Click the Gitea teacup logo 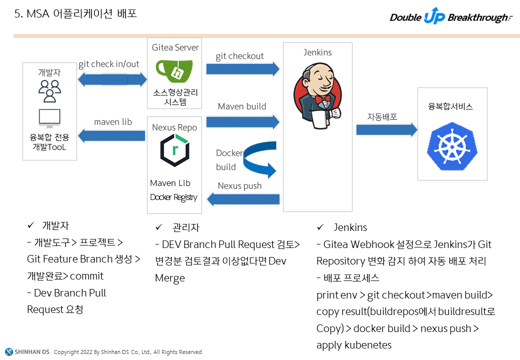(174, 71)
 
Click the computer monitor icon (49, 118)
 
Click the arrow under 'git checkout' (242, 68)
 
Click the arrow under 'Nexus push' (243, 199)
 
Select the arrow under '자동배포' (386, 130)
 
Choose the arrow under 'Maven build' (242, 121)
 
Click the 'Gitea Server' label (175, 47)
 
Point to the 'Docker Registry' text (173, 197)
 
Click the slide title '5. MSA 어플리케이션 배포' (75, 14)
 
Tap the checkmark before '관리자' (159, 227)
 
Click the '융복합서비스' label (450, 106)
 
